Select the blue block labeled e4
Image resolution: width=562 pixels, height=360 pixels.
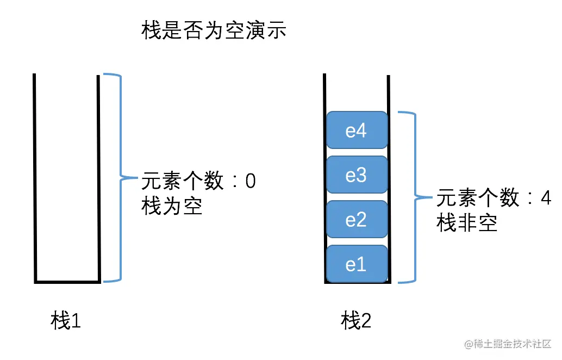pyautogui.click(x=357, y=132)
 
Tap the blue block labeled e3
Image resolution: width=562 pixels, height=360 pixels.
pyautogui.click(x=357, y=176)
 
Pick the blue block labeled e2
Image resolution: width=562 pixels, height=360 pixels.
pyautogui.click(x=357, y=220)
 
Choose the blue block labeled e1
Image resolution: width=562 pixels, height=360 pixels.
pyautogui.click(x=357, y=264)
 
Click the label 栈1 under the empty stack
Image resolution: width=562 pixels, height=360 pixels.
pyautogui.click(x=66, y=321)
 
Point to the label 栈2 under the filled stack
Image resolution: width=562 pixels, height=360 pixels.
pyautogui.click(x=356, y=321)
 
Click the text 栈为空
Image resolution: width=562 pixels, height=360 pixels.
pyautogui.click(x=172, y=207)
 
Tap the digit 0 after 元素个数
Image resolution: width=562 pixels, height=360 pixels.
pyautogui.click(x=250, y=181)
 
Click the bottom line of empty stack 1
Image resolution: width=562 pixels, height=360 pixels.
pyautogui.click(x=67, y=282)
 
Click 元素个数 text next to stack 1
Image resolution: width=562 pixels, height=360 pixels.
pyautogui.click(x=182, y=181)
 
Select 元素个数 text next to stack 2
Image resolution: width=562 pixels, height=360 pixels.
pyautogui.click(x=478, y=198)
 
